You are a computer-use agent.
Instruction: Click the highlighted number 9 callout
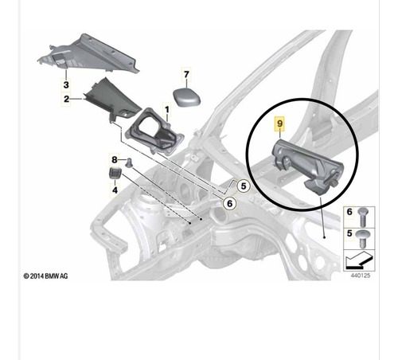(x=280, y=123)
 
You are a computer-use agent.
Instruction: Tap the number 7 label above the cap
(x=186, y=75)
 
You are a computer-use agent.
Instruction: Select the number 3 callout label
(x=66, y=85)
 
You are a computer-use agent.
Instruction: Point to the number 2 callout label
(x=66, y=99)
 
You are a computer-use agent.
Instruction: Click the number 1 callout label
(x=167, y=109)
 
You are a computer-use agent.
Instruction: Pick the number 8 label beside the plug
(x=115, y=160)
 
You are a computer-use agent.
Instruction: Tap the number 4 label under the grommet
(x=115, y=190)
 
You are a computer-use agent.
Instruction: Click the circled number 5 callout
(x=244, y=186)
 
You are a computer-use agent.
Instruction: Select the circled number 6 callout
(x=229, y=204)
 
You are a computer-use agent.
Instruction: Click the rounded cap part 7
(x=187, y=97)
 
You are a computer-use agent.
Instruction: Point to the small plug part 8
(x=129, y=162)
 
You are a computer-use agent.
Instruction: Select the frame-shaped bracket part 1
(x=155, y=131)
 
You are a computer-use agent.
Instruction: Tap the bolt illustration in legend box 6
(x=362, y=217)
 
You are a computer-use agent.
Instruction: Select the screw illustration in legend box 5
(x=362, y=239)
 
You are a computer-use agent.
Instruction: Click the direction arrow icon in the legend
(x=359, y=260)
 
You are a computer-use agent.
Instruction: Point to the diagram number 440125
(x=361, y=276)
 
